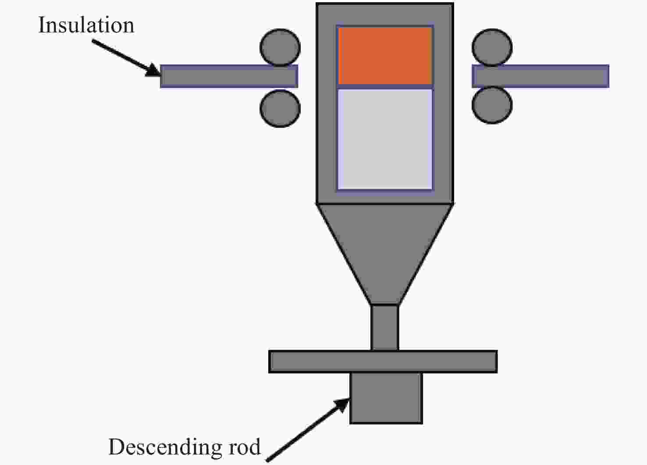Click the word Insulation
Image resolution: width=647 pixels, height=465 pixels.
(86, 25)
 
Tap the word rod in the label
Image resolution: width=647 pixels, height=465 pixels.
(244, 447)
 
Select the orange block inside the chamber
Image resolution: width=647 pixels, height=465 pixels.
(385, 56)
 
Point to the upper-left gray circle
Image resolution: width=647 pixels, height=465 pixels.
(280, 47)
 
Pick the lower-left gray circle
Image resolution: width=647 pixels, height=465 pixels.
(280, 109)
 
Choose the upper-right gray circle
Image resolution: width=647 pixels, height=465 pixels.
(492, 47)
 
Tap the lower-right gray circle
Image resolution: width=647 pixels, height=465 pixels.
(492, 105)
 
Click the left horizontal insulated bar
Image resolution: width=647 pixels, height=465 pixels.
(229, 76)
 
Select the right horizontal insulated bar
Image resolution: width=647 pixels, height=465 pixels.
(540, 76)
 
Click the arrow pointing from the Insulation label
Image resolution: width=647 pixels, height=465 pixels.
(126, 58)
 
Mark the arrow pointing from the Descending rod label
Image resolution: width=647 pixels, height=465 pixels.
(308, 430)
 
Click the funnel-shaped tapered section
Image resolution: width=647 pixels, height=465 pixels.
(385, 254)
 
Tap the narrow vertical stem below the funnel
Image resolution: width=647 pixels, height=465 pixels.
(385, 327)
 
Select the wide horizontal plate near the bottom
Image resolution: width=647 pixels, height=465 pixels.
(383, 362)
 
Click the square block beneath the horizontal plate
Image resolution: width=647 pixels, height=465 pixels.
(386, 398)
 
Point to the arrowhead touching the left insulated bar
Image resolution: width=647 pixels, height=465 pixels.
(153, 71)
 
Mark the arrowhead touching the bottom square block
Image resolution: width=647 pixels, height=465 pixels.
(342, 405)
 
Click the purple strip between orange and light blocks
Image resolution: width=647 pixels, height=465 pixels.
(385, 87)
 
